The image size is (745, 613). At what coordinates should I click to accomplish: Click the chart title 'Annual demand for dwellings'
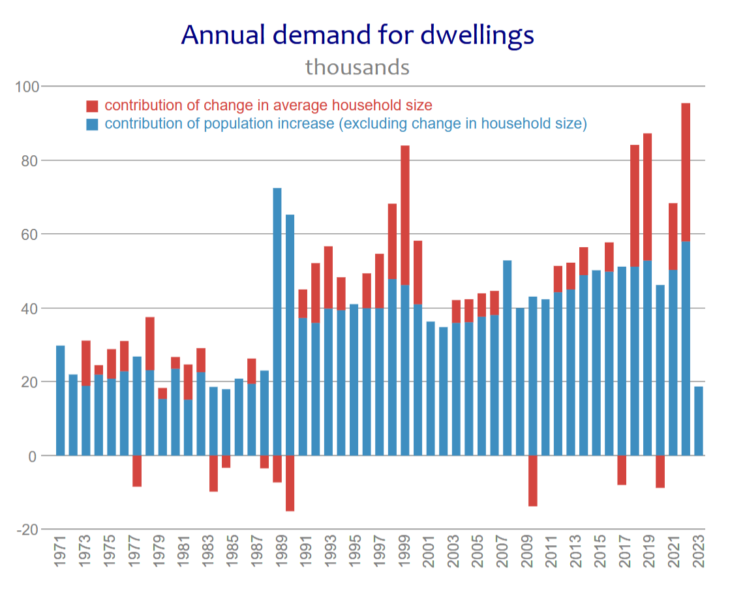(357, 35)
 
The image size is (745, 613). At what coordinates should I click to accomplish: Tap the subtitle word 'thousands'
(357, 67)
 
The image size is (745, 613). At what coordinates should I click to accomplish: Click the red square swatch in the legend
(92, 106)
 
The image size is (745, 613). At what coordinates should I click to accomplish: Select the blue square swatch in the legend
(92, 125)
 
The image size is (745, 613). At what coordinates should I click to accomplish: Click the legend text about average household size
(268, 105)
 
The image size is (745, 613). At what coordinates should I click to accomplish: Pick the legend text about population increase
(346, 123)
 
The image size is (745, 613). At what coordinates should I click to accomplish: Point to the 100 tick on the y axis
(27, 87)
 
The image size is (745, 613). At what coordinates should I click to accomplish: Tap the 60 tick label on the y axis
(29, 235)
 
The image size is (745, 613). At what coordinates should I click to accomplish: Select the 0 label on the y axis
(33, 456)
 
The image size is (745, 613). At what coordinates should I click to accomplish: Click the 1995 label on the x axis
(354, 551)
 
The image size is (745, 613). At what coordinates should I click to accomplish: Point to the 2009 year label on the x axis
(527, 551)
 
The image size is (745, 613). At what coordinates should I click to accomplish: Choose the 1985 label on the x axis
(231, 551)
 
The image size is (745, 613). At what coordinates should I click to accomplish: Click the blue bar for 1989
(277, 322)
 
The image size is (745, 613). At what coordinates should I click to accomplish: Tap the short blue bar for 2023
(699, 421)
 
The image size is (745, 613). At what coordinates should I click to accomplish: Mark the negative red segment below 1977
(137, 471)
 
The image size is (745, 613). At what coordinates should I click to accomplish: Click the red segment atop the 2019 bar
(648, 197)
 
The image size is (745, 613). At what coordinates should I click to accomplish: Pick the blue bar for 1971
(60, 401)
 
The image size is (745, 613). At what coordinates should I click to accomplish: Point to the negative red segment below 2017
(622, 470)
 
